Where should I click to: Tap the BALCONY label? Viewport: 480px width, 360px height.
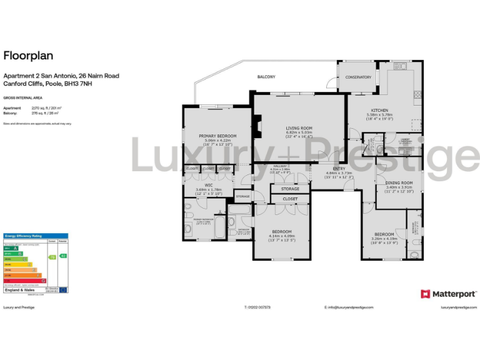[266, 77]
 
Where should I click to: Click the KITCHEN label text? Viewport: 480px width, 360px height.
[379, 110]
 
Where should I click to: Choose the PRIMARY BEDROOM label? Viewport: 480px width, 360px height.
[217, 136]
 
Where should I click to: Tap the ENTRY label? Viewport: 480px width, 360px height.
[339, 169]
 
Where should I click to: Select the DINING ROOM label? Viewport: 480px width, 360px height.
[399, 182]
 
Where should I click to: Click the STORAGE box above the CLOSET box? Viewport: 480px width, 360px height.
[290, 189]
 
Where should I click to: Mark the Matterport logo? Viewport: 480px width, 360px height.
[449, 293]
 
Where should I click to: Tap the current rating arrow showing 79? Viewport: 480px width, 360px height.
[52, 257]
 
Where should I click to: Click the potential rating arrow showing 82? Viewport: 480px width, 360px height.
[63, 256]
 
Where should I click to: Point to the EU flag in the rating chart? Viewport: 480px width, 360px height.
[62, 290]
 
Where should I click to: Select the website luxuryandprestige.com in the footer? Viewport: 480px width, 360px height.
[459, 307]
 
